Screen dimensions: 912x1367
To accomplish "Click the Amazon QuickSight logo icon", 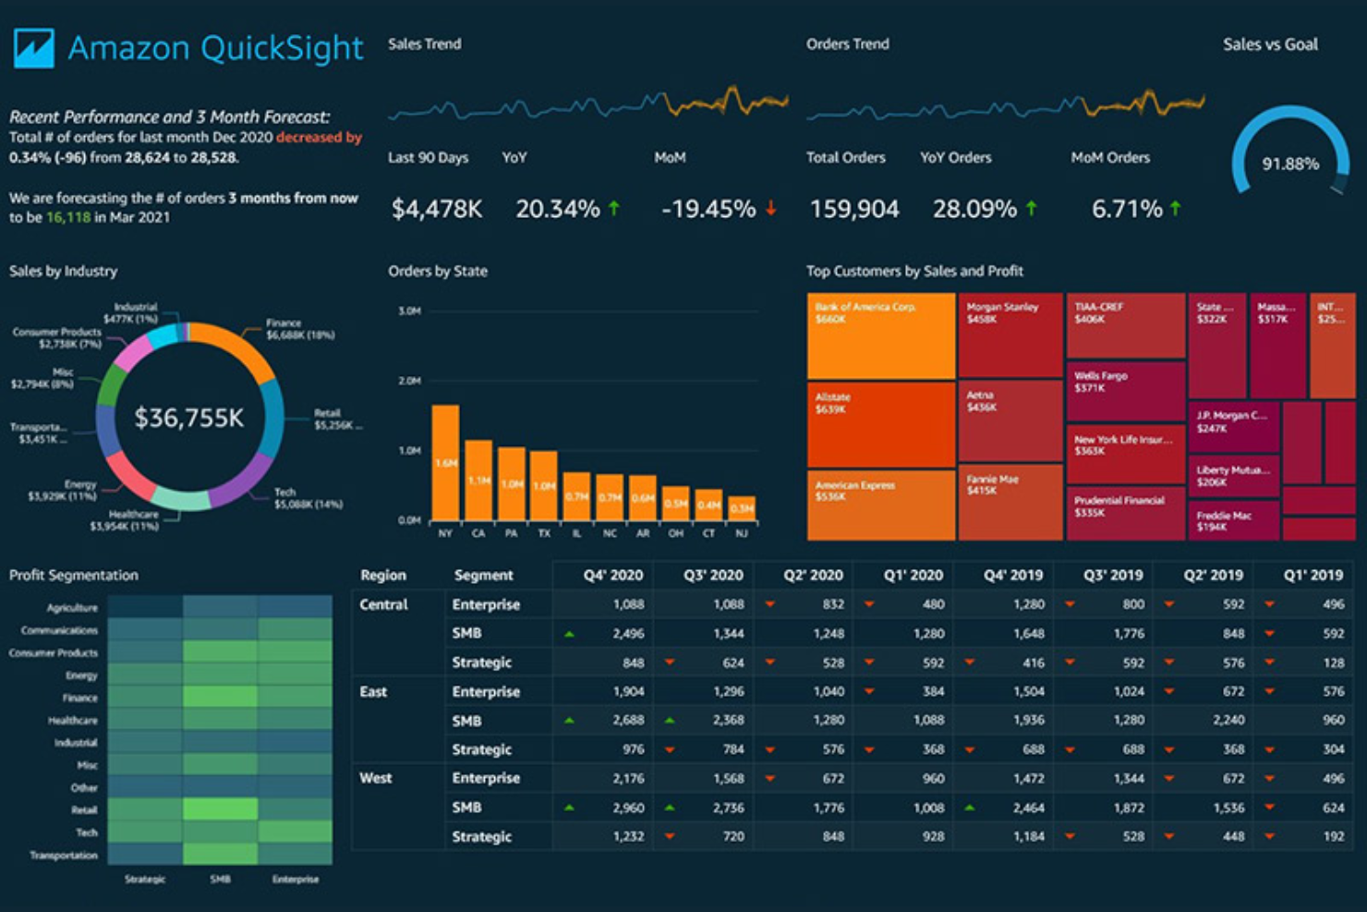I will coord(34,48).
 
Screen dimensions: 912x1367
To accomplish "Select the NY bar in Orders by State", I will coord(445,462).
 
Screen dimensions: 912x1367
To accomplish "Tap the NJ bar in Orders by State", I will coord(742,508).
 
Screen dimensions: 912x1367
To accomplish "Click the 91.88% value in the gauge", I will coord(1290,164).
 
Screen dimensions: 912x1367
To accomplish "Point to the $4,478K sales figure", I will coord(437,210).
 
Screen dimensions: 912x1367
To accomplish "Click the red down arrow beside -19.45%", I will coord(771,209).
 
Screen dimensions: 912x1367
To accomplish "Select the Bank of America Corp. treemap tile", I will coord(880,335).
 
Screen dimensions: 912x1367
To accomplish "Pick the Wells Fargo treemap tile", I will coord(1125,390).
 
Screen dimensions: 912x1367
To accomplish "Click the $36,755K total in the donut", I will coord(189,419).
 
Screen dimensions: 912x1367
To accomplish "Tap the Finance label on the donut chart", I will coord(284,323).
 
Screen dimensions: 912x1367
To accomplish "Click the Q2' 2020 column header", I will coord(813,575).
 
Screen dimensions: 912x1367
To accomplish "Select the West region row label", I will coord(376,778).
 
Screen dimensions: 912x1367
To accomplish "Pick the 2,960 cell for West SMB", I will coord(628,808).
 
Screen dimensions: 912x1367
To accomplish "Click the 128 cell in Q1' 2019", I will coord(1333,663).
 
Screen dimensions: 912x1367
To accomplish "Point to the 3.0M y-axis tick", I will coord(409,311).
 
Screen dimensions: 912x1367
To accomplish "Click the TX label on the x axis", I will coord(544,533).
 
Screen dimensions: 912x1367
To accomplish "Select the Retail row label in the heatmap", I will coord(84,810).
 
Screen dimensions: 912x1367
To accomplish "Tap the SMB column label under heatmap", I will coord(220,879).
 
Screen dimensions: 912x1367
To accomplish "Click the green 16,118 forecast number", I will coord(68,218).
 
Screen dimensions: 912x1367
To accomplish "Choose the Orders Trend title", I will coord(847,44).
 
